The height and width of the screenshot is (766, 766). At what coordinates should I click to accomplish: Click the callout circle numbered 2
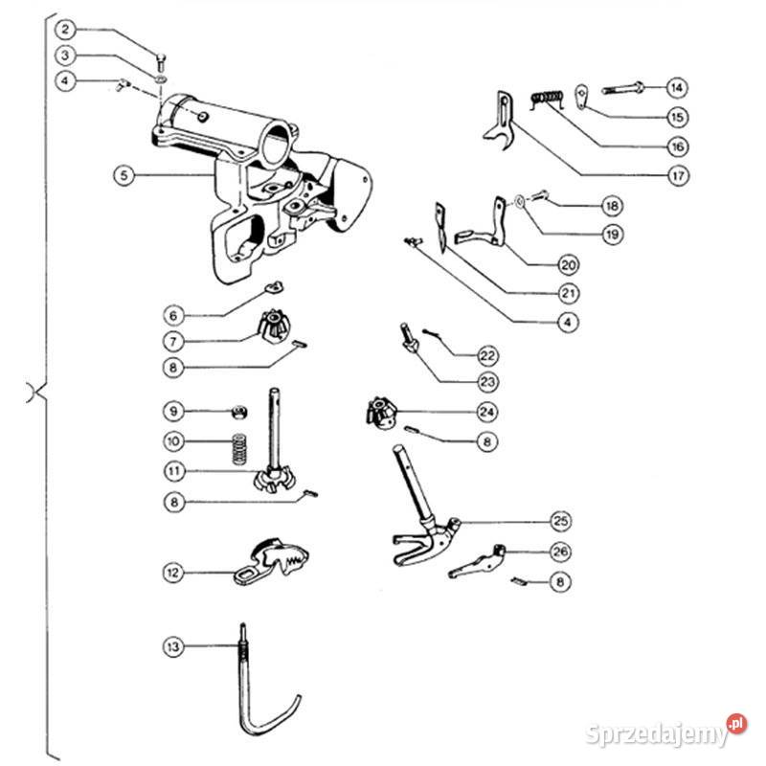(x=65, y=30)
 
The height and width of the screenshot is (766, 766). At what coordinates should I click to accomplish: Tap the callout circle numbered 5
(x=124, y=175)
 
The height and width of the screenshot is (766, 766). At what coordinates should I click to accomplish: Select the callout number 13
(x=173, y=647)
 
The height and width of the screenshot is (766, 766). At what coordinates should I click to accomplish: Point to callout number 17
(x=678, y=175)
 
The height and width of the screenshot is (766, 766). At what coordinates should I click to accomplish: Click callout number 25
(x=561, y=521)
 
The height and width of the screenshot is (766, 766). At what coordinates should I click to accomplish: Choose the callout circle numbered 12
(x=173, y=573)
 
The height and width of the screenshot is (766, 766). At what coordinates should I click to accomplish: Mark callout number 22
(x=487, y=355)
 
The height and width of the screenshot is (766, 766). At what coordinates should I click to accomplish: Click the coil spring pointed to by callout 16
(x=547, y=100)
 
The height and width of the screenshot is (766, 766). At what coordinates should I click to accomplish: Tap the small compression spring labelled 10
(x=238, y=448)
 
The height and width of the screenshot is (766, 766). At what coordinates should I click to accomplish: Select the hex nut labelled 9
(x=238, y=412)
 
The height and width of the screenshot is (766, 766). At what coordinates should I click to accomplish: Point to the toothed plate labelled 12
(x=271, y=562)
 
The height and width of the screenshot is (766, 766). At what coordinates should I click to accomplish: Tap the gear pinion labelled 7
(x=274, y=325)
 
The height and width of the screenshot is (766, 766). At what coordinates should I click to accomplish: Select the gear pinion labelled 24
(x=381, y=413)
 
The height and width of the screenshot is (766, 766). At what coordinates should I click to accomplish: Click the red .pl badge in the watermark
(x=736, y=724)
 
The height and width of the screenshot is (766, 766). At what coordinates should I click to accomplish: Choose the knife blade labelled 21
(x=441, y=228)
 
